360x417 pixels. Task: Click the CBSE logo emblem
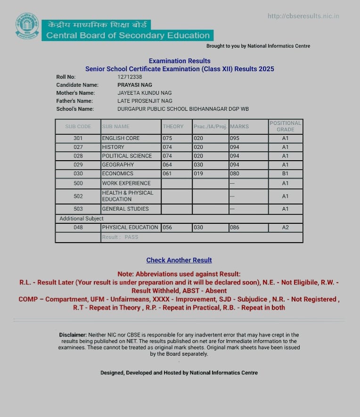tap(27, 28)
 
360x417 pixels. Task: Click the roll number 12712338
tap(130, 77)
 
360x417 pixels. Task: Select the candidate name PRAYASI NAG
tap(135, 85)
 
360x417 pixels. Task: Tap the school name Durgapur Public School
tap(183, 109)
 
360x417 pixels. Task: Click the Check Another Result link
tap(179, 260)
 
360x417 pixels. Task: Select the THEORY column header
tap(173, 126)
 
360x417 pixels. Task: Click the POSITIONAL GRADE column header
tap(285, 126)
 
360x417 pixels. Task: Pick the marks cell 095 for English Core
tap(235, 139)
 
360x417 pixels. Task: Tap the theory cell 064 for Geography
tap(168, 165)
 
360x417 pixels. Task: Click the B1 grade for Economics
tap(285, 173)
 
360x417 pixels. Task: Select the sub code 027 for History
tap(78, 147)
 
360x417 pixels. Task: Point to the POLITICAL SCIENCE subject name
tap(127, 156)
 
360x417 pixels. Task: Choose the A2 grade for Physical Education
tap(285, 228)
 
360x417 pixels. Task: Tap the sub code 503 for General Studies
tap(78, 209)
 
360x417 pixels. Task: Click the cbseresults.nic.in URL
tap(303, 16)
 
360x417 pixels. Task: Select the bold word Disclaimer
tap(73, 335)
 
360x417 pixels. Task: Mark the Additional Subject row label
tap(81, 219)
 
